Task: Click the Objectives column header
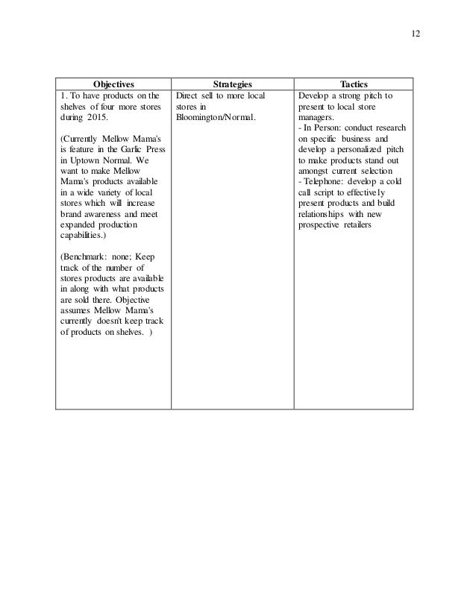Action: (x=113, y=84)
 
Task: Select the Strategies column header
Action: (x=232, y=84)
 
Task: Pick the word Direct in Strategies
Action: (x=190, y=96)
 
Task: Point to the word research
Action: (x=386, y=128)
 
